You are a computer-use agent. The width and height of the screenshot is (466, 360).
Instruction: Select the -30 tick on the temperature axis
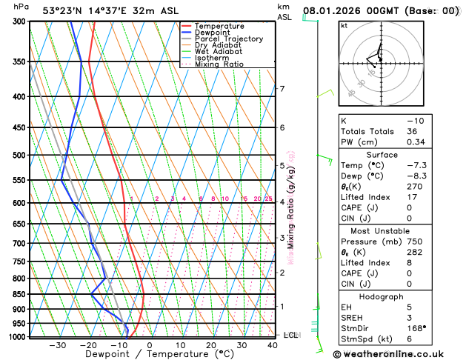[57, 345]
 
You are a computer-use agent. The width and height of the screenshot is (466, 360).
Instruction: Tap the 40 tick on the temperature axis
[273, 345]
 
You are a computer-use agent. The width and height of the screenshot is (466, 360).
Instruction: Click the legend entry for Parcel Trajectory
[228, 39]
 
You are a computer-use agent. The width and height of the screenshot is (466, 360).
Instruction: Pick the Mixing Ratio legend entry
[219, 64]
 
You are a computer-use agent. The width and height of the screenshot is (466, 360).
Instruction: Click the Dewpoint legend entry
[213, 33]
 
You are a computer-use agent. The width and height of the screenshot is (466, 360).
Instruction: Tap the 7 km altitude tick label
[282, 89]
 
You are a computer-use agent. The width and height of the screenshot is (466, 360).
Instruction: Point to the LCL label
[290, 335]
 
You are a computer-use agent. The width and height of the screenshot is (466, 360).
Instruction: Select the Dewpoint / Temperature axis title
[150, 354]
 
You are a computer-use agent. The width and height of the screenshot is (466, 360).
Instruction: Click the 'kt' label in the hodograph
[344, 26]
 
